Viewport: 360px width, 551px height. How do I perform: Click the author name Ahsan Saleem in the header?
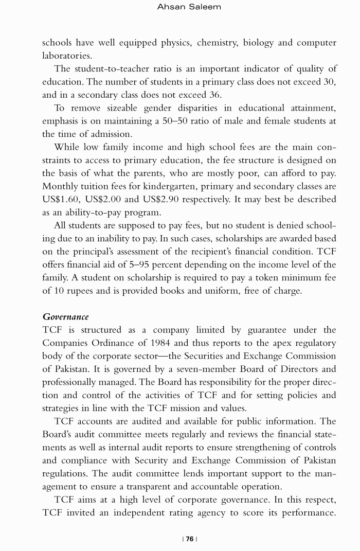[189, 7]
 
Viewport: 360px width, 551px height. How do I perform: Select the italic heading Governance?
[65, 316]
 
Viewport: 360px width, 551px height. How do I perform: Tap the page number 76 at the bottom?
[190, 539]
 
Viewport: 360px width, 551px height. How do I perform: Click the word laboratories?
[67, 55]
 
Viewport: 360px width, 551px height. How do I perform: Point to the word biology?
[258, 42]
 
